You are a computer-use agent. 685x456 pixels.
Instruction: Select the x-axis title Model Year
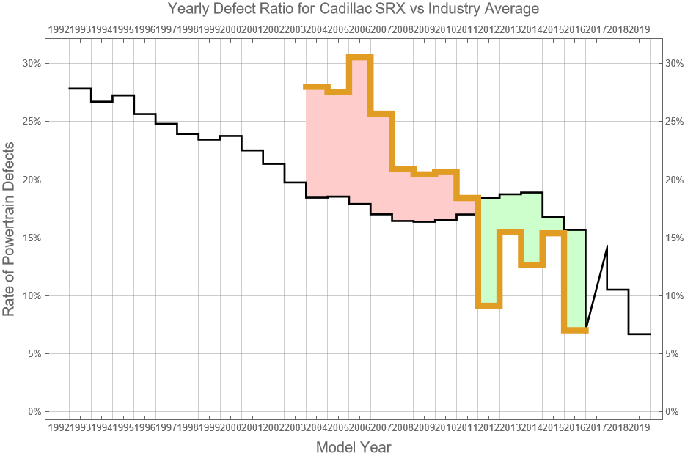(x=354, y=447)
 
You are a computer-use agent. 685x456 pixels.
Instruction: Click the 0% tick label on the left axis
(x=34, y=411)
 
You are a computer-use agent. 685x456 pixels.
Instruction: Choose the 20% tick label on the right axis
(x=674, y=180)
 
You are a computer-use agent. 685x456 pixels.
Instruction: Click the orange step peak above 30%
(x=359, y=57)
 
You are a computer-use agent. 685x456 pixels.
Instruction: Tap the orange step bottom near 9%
(x=488, y=306)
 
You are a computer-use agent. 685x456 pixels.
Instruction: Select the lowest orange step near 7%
(x=575, y=331)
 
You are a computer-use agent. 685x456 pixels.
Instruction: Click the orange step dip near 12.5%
(x=532, y=265)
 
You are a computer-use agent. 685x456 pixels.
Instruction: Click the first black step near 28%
(x=80, y=88)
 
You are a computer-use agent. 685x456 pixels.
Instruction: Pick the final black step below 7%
(x=639, y=334)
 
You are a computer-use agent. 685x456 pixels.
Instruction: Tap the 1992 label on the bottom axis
(x=59, y=427)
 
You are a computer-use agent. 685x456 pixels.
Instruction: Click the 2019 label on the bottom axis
(x=639, y=427)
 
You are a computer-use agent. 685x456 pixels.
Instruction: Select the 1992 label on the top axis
(x=59, y=29)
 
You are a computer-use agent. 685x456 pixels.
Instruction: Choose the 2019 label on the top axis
(x=639, y=29)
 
